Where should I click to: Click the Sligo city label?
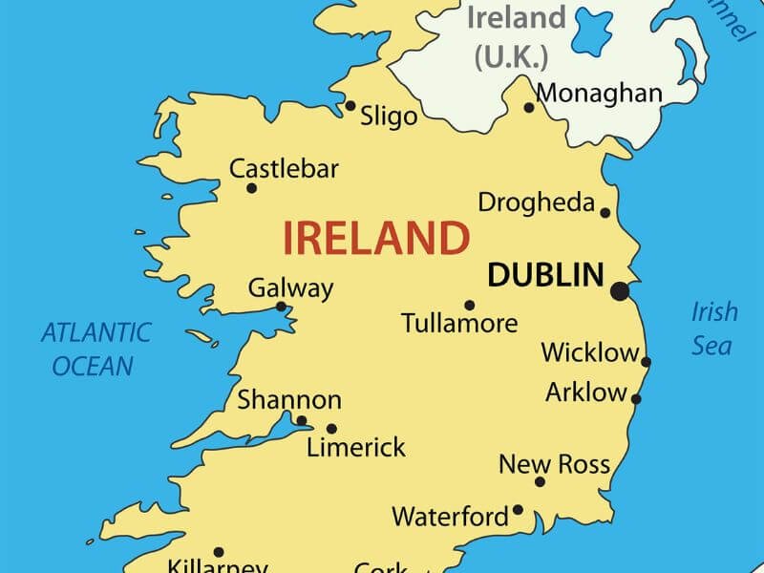click(389, 117)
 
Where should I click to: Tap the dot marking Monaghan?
click(529, 108)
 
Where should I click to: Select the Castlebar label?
click(284, 170)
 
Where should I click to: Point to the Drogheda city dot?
click(605, 212)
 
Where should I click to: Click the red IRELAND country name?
click(375, 238)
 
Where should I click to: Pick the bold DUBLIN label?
click(545, 275)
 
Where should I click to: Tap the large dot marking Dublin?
click(621, 289)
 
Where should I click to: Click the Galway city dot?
click(281, 307)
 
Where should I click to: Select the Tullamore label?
click(459, 323)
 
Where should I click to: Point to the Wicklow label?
click(589, 352)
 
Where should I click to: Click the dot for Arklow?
click(636, 399)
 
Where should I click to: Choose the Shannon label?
click(288, 400)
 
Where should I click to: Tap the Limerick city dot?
click(331, 429)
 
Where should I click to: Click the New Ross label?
click(554, 465)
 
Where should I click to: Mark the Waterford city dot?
click(518, 509)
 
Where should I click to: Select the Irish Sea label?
click(714, 328)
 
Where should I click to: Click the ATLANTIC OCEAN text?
click(95, 349)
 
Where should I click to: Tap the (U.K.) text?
click(512, 55)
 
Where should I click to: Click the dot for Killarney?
click(218, 552)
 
